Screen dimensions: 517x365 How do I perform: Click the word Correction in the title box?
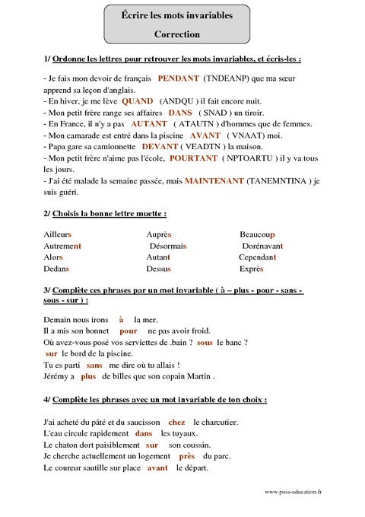click(176, 34)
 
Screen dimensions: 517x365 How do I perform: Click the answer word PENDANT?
click(179, 78)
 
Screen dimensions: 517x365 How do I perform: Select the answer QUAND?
click(137, 101)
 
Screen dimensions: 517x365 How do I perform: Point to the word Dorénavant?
click(262, 247)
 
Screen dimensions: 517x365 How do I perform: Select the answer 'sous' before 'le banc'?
click(205, 343)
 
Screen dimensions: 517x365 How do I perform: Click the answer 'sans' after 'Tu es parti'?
click(95, 365)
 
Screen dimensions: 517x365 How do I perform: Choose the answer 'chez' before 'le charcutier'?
click(176, 421)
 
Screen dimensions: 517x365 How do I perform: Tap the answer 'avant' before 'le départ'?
click(157, 468)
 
